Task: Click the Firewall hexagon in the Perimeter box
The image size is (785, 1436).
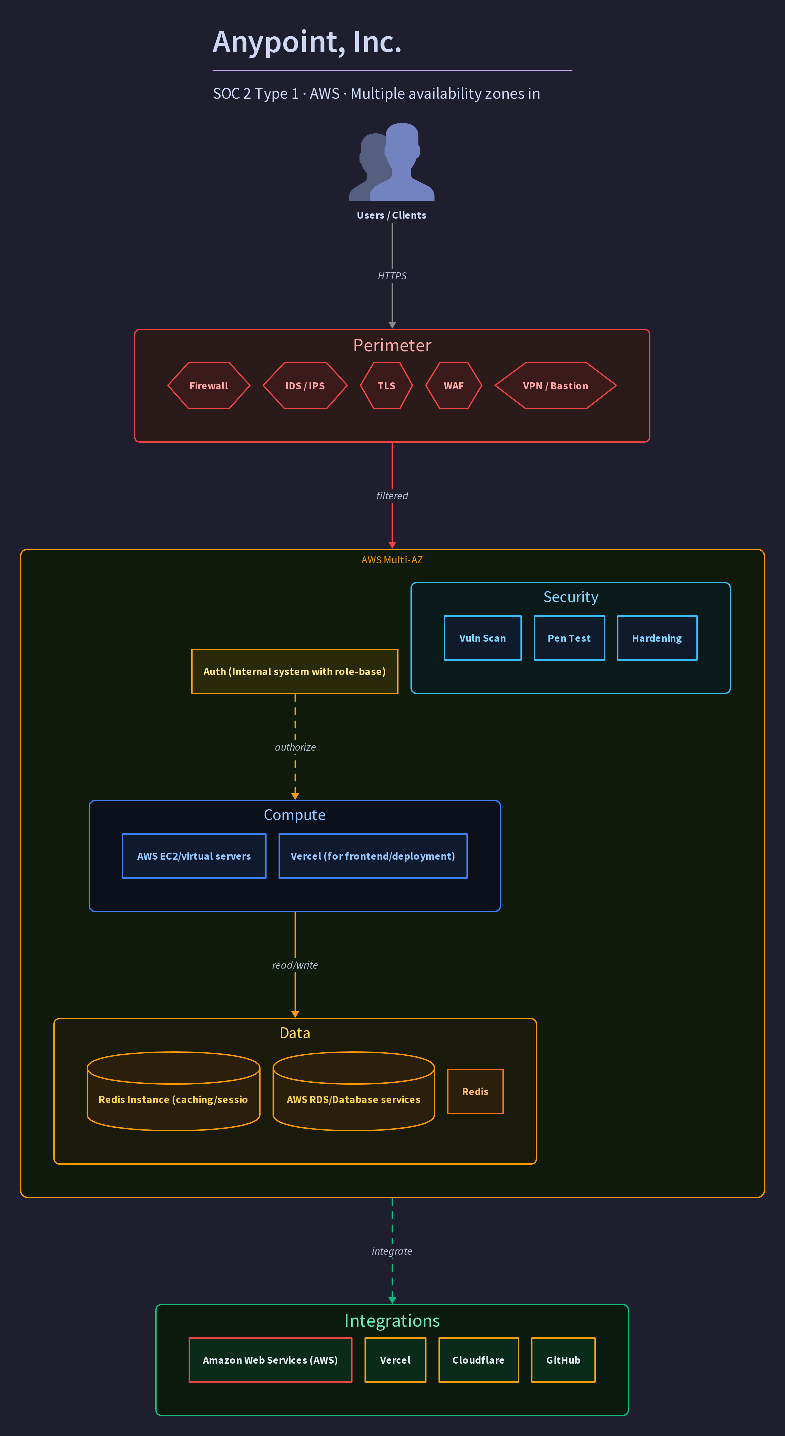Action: (x=209, y=386)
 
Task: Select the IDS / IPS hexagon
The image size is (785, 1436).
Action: (x=305, y=386)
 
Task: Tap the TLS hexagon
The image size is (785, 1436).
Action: (x=387, y=386)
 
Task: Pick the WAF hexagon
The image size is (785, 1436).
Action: (x=453, y=386)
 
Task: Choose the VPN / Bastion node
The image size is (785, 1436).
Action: (x=555, y=386)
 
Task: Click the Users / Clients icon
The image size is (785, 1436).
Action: (x=392, y=162)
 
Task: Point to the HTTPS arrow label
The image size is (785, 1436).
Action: (x=392, y=276)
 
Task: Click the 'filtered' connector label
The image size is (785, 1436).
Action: (x=392, y=496)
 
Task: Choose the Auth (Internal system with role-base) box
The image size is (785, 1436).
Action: (x=295, y=671)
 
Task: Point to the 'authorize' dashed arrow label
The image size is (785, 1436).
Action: (x=295, y=747)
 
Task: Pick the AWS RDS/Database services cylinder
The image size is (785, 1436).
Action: (x=354, y=1091)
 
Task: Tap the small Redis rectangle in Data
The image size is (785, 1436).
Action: (x=475, y=1091)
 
